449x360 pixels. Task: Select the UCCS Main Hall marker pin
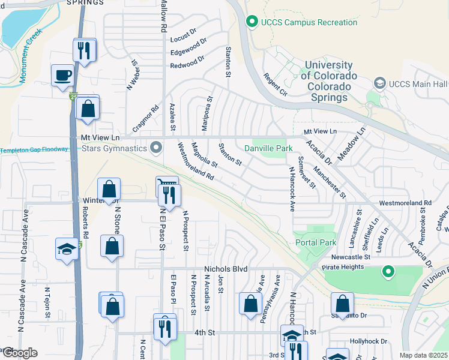coord(379,83)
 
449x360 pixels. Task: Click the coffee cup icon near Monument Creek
coord(62,76)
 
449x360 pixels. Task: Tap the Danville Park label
coord(268,148)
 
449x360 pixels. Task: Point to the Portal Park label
coord(316,242)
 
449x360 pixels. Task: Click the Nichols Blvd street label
coord(226,269)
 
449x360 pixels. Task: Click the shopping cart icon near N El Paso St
coord(166,184)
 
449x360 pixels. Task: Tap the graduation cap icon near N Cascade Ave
coord(67,249)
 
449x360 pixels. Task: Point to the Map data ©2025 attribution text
coord(424,355)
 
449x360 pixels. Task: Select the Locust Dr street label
coord(184,31)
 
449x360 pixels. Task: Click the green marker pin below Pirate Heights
coord(388,272)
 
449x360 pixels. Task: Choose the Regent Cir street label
coord(274,85)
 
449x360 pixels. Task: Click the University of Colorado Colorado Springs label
coord(328,81)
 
